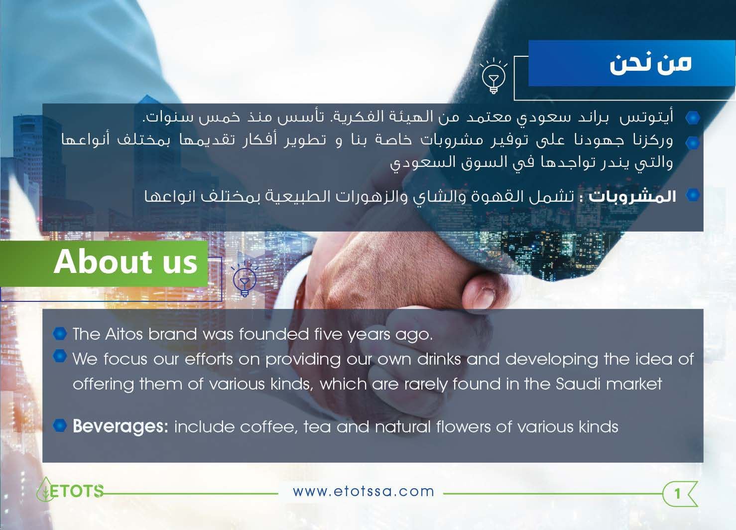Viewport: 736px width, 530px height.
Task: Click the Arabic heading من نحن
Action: pyautogui.click(x=650, y=63)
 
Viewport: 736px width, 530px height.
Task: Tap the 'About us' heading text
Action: pyautogui.click(x=125, y=262)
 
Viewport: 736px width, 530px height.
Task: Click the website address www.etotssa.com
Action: pyautogui.click(x=364, y=492)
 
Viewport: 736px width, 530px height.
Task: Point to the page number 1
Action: pyautogui.click(x=677, y=494)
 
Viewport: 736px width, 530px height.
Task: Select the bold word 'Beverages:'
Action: pyautogui.click(x=121, y=426)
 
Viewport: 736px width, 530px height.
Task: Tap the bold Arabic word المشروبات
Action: pyautogui.click(x=632, y=196)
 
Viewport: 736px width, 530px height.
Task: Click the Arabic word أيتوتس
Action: pyautogui.click(x=646, y=117)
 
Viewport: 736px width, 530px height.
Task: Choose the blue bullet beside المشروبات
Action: pyautogui.click(x=693, y=195)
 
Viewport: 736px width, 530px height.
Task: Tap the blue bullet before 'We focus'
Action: pyautogui.click(x=60, y=356)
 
